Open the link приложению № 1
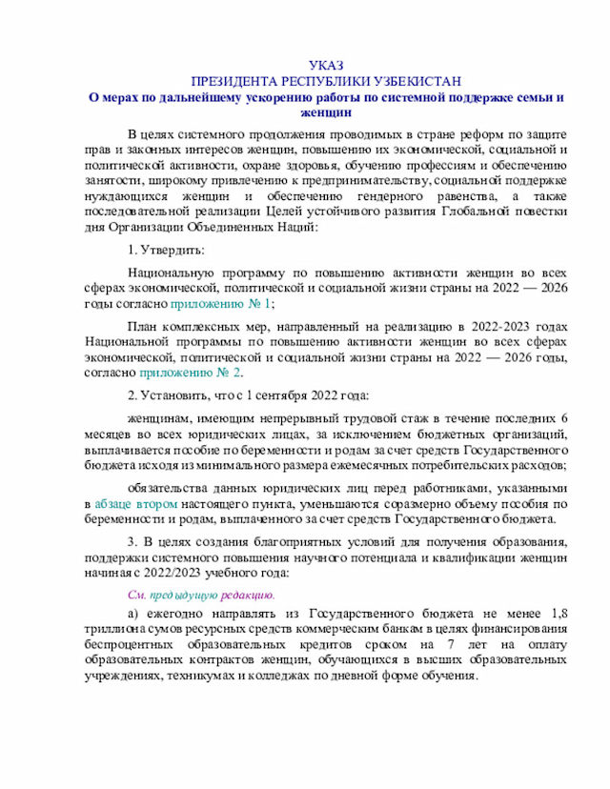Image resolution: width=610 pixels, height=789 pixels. [x=221, y=303]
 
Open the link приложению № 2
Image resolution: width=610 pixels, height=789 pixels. [x=197, y=373]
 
